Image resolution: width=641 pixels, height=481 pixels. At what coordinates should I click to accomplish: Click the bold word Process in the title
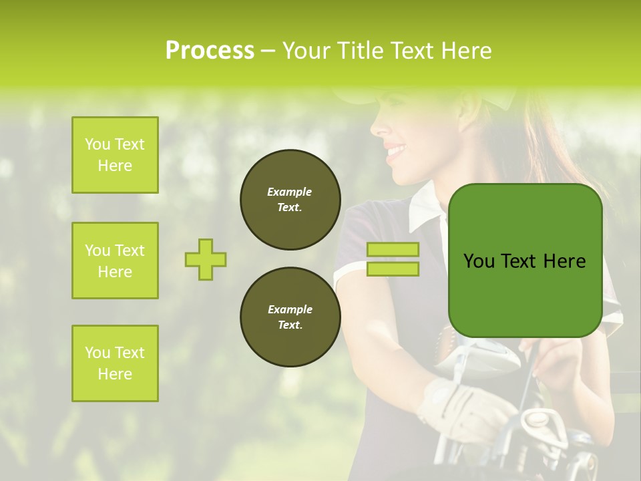pos(210,50)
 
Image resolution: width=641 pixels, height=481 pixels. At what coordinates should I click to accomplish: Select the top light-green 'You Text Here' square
pos(115,155)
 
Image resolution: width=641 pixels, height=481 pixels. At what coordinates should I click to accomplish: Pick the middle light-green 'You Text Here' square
pos(115,261)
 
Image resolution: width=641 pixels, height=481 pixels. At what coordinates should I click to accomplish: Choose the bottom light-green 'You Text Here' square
pos(115,363)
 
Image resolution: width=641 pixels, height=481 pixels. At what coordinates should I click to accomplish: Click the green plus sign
pos(206,259)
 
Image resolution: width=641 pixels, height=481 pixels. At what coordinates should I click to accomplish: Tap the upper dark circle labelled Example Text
pos(290,200)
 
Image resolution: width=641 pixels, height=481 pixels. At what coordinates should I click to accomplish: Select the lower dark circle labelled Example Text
pos(290,317)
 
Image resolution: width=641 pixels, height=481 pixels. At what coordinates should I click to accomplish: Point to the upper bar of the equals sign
pos(393,250)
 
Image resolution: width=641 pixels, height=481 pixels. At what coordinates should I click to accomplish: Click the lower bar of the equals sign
pos(393,269)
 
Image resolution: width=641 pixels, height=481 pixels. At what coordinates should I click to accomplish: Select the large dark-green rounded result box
pos(525,261)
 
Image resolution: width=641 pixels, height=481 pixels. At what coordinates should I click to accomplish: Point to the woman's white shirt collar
pos(425,210)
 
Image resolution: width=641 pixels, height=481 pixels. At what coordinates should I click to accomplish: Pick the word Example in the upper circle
pos(290,192)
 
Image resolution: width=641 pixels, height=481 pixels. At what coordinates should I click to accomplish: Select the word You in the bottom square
pos(97,353)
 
